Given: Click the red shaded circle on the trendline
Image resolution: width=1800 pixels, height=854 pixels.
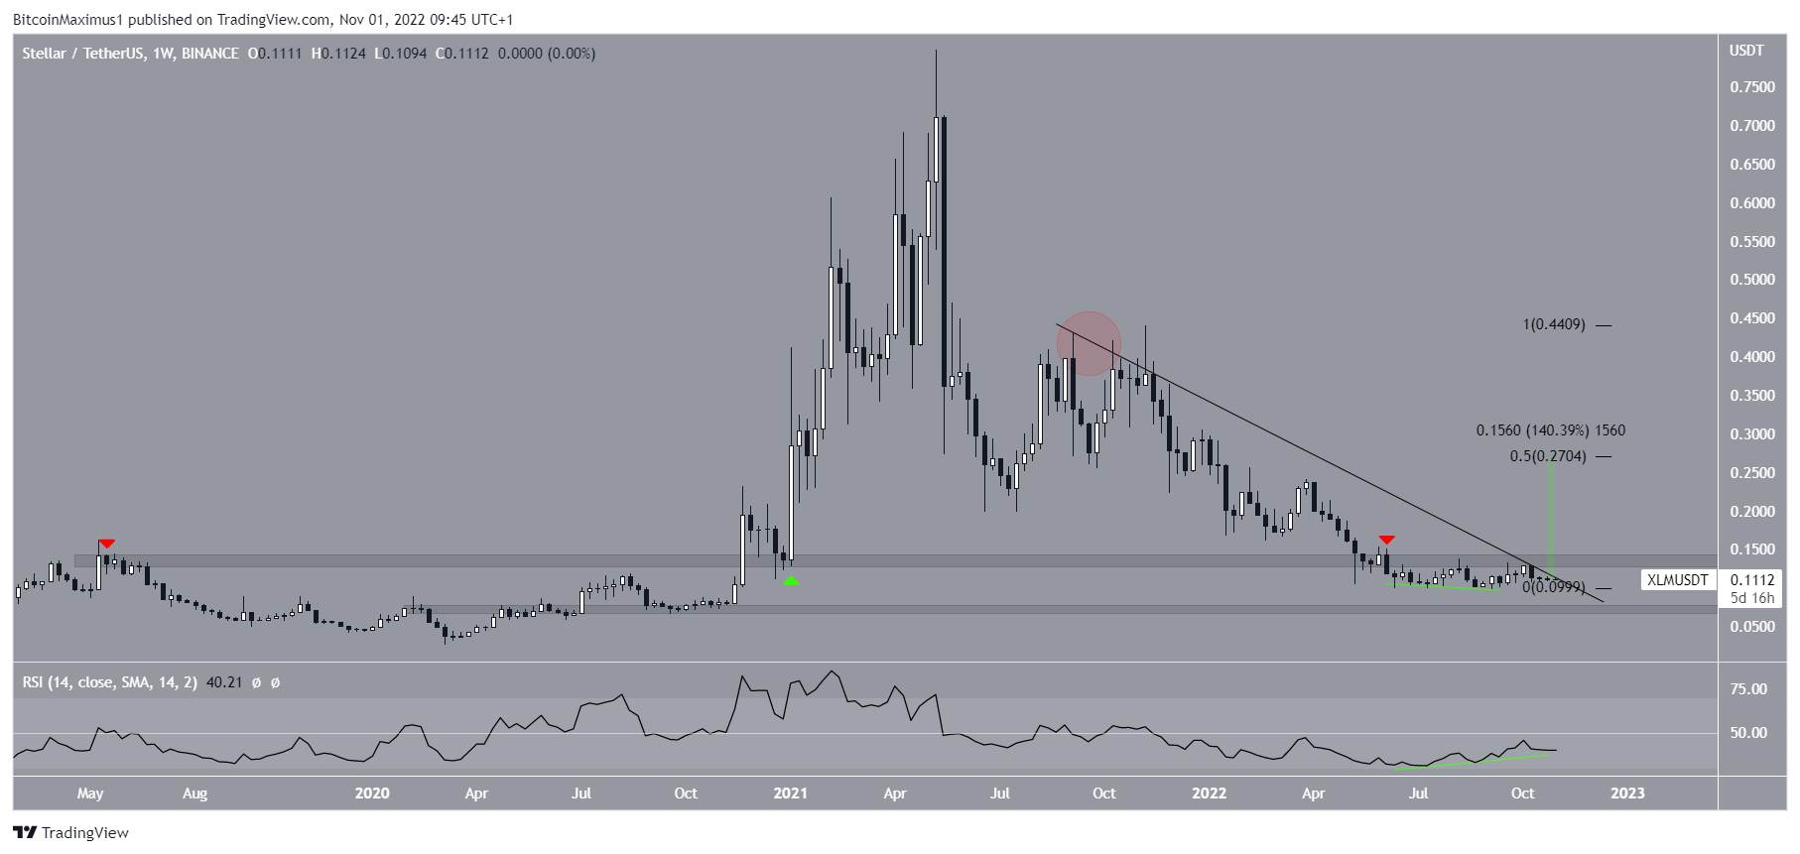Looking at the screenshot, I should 1089,343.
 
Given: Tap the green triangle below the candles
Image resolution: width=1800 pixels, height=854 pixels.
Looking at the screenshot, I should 791,580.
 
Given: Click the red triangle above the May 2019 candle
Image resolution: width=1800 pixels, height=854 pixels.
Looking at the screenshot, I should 106,544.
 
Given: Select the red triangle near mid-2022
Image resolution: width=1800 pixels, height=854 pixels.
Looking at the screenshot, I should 1387,540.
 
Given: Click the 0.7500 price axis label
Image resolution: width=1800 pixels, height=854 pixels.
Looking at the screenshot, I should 1752,87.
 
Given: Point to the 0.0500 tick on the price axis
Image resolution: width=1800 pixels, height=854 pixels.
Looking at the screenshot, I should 1752,627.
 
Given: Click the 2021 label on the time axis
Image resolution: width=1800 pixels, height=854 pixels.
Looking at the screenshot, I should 790,793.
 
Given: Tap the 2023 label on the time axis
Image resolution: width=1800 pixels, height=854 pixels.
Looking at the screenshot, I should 1627,793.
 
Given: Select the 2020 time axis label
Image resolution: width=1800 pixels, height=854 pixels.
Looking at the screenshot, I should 372,793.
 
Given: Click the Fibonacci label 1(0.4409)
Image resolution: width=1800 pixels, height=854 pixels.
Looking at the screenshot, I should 1554,324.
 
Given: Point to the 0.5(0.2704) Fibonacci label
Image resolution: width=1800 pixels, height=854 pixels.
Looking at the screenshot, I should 1548,456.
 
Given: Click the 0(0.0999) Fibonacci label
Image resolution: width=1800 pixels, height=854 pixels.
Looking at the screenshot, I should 1554,587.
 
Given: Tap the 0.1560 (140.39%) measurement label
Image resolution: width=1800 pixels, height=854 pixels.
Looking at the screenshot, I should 1550,430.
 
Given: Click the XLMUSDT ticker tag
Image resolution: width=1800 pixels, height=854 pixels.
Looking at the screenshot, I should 1678,580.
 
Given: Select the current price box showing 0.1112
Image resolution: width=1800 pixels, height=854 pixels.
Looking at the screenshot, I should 1752,580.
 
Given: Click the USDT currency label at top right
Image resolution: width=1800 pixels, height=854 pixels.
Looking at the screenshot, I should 1746,51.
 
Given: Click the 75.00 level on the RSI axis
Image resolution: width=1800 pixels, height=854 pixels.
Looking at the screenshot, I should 1748,689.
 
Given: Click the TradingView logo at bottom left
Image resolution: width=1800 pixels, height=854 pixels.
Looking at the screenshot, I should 71,833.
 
